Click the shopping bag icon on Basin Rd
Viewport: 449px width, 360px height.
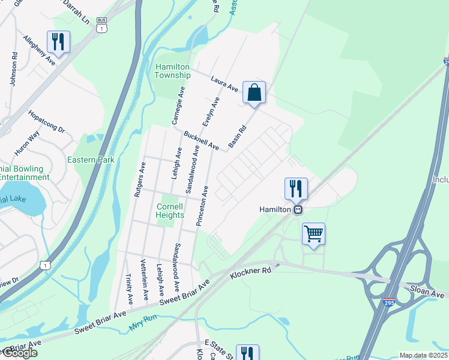coord(254,93)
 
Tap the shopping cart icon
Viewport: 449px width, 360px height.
coord(313,234)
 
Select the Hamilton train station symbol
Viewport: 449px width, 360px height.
coord(297,210)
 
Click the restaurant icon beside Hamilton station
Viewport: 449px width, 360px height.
coord(296,188)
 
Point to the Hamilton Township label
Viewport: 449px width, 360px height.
coord(173,71)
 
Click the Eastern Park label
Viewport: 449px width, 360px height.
coord(91,160)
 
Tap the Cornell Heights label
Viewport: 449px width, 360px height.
coord(170,211)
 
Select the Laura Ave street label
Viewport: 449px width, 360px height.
coord(224,83)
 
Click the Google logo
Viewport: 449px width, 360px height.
coord(19,353)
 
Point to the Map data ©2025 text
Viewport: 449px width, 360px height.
coord(423,355)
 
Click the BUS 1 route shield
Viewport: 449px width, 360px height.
coord(104,25)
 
